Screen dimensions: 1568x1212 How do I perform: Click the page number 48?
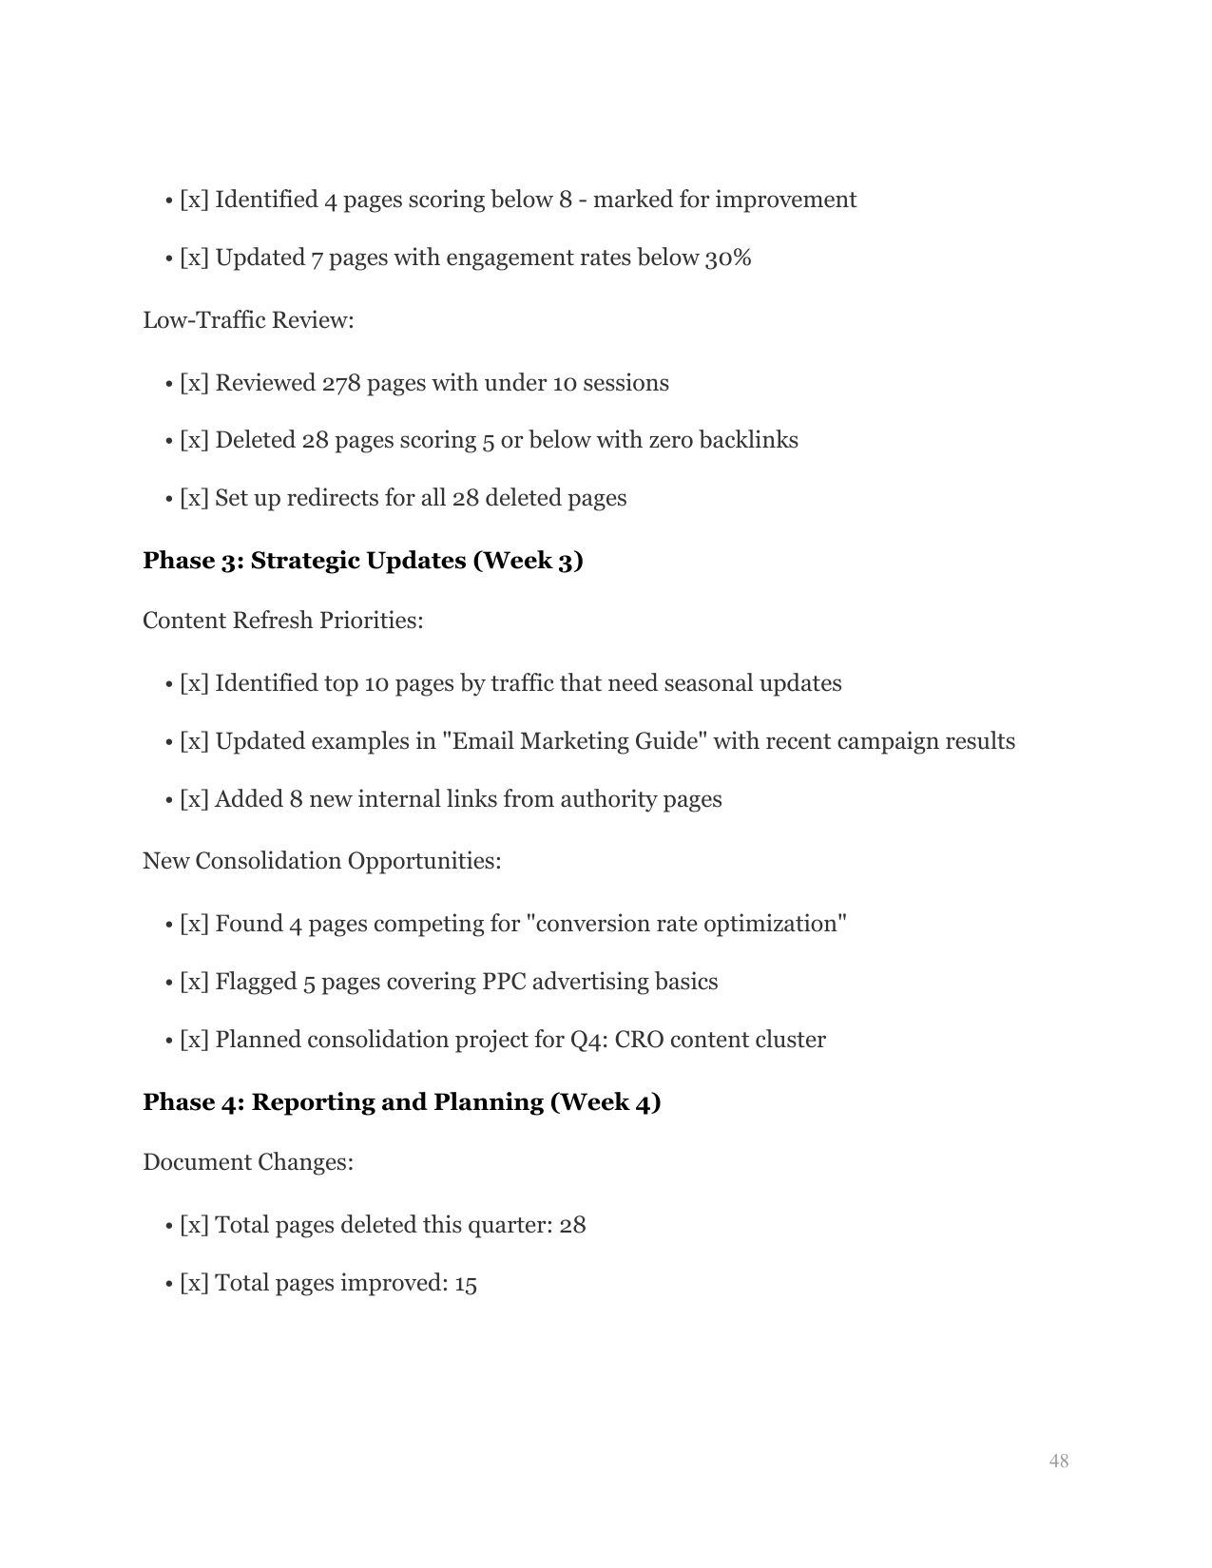pyautogui.click(x=1058, y=1462)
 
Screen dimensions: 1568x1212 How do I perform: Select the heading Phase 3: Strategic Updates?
pyautogui.click(x=362, y=561)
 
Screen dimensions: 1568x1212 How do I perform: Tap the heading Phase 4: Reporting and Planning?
pyautogui.click(x=401, y=1102)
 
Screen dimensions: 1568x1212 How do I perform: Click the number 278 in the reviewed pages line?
pyautogui.click(x=340, y=383)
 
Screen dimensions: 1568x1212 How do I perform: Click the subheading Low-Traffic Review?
pyautogui.click(x=248, y=320)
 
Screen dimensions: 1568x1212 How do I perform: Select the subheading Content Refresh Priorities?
pyautogui.click(x=282, y=621)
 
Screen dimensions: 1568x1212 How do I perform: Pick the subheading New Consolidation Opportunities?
pyautogui.click(x=321, y=861)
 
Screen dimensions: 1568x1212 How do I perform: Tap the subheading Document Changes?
pyautogui.click(x=247, y=1162)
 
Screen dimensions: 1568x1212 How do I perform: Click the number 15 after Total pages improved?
pyautogui.click(x=465, y=1284)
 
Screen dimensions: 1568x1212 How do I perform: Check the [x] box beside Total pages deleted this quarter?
pyautogui.click(x=194, y=1225)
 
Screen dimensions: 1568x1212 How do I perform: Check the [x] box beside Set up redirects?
pyautogui.click(x=194, y=498)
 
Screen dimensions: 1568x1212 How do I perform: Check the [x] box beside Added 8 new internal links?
pyautogui.click(x=194, y=799)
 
